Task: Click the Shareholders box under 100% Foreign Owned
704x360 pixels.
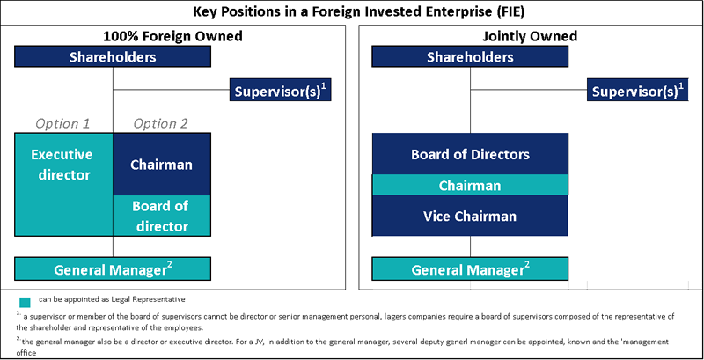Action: (x=113, y=56)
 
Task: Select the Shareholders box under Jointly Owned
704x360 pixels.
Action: (x=470, y=56)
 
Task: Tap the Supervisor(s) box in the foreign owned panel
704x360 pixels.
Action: (x=280, y=90)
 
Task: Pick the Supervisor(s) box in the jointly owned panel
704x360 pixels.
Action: (x=637, y=90)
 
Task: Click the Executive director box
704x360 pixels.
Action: (x=63, y=185)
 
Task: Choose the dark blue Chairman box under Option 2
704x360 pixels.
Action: (x=162, y=165)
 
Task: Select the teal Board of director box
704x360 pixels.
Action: (x=162, y=216)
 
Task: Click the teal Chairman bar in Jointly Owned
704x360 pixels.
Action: (x=470, y=185)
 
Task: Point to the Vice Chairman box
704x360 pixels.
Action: (x=470, y=216)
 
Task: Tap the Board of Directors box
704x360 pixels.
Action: (x=470, y=154)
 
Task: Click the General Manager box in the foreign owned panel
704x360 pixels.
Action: (x=113, y=268)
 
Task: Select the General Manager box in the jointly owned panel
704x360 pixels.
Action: (x=470, y=268)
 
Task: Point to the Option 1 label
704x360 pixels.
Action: (x=62, y=123)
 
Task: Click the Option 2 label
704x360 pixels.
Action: (x=161, y=123)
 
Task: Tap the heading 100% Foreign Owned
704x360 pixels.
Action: (x=172, y=36)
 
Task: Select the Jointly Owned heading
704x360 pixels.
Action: (x=530, y=36)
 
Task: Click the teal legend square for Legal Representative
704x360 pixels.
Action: (x=26, y=302)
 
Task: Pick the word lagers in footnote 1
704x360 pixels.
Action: (x=394, y=317)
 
